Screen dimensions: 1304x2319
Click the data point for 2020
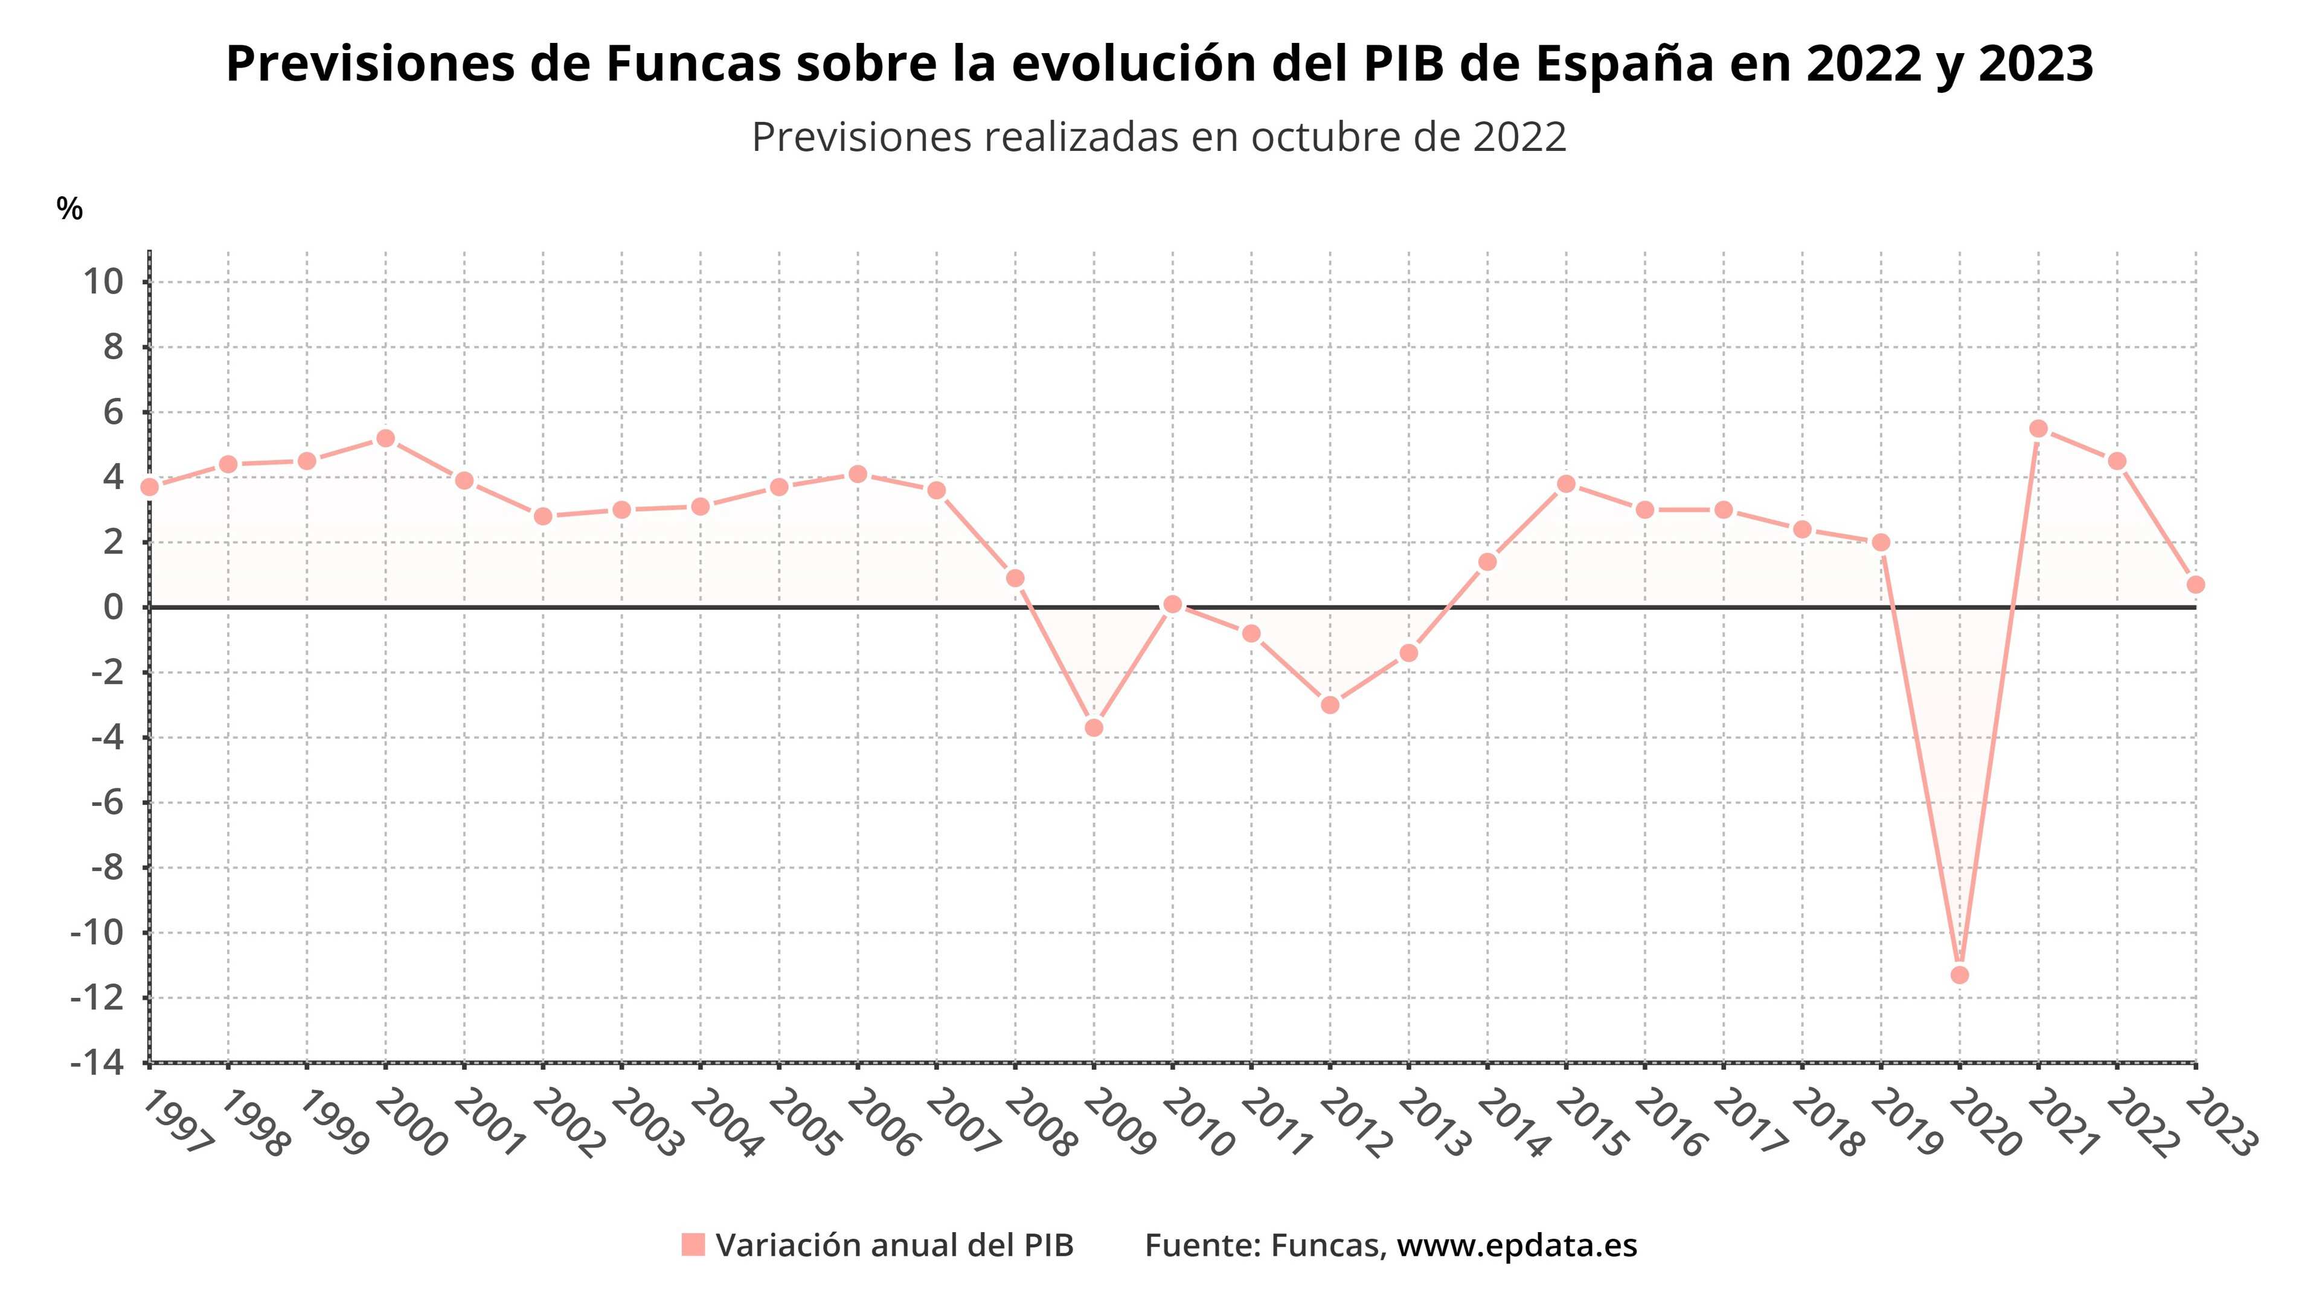tap(1959, 974)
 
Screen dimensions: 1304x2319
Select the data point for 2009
tap(1094, 727)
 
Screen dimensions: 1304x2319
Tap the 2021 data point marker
tap(2038, 429)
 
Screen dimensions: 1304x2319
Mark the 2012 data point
tap(1330, 705)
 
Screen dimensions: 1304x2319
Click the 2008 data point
tap(1015, 578)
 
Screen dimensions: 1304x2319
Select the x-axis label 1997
tap(178, 1122)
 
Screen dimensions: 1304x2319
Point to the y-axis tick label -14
tap(97, 1063)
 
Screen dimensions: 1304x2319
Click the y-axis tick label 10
tap(103, 282)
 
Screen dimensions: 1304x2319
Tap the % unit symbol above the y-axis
tap(69, 209)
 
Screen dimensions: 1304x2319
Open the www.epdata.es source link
tap(1517, 1245)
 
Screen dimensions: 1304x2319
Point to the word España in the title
tap(1624, 64)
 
